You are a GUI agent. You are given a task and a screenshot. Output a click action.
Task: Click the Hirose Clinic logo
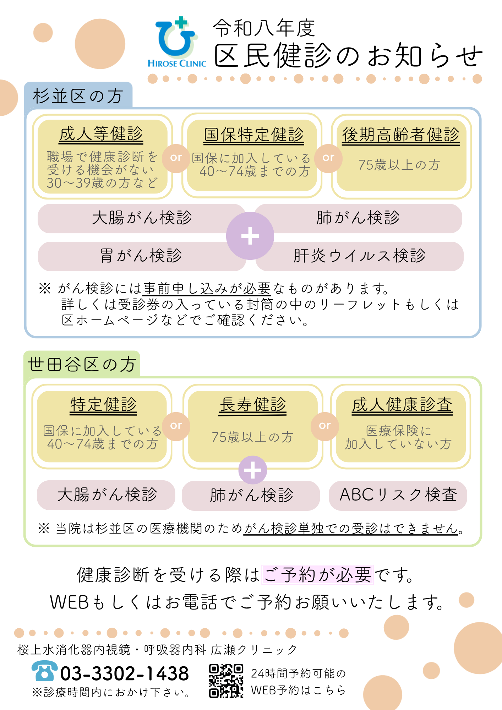pyautogui.click(x=177, y=42)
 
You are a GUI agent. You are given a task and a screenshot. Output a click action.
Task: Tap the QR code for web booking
pyautogui.click(x=226, y=681)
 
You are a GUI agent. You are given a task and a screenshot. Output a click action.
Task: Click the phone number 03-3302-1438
pyautogui.click(x=125, y=673)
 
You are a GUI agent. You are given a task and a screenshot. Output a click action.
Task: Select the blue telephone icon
pyautogui.click(x=44, y=671)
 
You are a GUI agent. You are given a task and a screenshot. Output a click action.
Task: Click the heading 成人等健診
pyautogui.click(x=101, y=134)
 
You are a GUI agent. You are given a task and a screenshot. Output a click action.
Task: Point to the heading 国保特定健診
pyautogui.click(x=254, y=135)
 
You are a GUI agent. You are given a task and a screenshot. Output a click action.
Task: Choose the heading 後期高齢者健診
pyautogui.click(x=401, y=135)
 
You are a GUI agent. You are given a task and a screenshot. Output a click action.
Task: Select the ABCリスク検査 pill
pyautogui.click(x=398, y=496)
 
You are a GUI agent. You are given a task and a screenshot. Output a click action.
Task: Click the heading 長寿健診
pyautogui.click(x=253, y=405)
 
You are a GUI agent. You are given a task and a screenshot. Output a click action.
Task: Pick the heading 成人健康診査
pyautogui.click(x=402, y=405)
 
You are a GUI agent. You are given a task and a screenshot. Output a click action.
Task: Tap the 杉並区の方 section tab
pyautogui.click(x=78, y=95)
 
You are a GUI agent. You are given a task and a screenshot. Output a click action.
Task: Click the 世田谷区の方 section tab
pyautogui.click(x=82, y=364)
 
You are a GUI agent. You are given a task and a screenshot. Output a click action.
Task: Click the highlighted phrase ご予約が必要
pyautogui.click(x=317, y=574)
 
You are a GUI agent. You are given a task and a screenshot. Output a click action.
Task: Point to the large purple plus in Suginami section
pyautogui.click(x=250, y=236)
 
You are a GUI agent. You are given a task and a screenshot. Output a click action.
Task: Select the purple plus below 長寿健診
pyautogui.click(x=253, y=470)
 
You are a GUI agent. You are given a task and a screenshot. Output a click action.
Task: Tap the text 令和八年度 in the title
pyautogui.click(x=264, y=28)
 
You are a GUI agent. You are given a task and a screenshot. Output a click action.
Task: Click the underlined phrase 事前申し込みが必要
pyautogui.click(x=207, y=288)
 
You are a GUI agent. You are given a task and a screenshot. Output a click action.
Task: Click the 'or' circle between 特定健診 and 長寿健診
pyautogui.click(x=176, y=426)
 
